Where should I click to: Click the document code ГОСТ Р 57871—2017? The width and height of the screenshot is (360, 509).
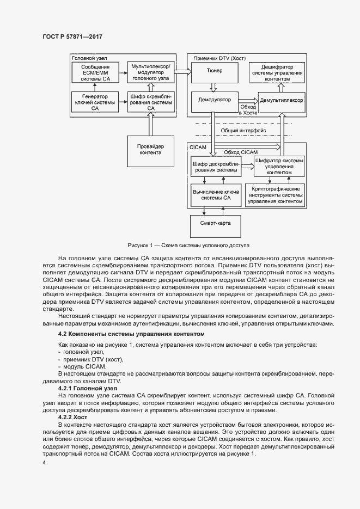tap(72, 36)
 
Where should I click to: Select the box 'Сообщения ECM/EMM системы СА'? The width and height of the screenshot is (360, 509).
tap(95, 72)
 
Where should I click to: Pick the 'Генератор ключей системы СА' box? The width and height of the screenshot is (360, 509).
tap(95, 102)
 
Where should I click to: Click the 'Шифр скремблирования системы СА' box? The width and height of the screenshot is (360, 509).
tap(150, 102)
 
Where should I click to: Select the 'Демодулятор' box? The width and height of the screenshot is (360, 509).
tap(214, 100)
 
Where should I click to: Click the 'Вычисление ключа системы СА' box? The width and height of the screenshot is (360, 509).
tap(216, 196)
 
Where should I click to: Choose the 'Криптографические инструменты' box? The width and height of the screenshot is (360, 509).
tap(275, 195)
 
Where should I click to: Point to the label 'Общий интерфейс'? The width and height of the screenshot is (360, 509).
tap(243, 131)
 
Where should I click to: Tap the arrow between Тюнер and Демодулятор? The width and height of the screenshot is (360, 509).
tap(214, 86)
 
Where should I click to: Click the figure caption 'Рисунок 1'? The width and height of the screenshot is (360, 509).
tap(188, 245)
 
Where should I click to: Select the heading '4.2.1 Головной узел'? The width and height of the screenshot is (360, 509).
tap(87, 389)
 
